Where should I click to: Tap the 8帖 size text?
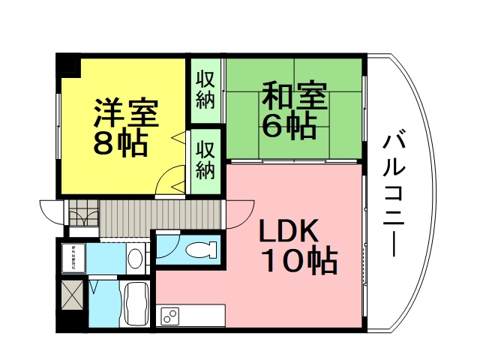(x=119, y=144)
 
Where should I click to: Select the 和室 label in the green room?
(x=294, y=99)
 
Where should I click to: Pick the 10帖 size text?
(x=298, y=261)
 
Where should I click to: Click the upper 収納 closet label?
(x=205, y=88)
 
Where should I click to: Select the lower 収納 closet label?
(x=205, y=160)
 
